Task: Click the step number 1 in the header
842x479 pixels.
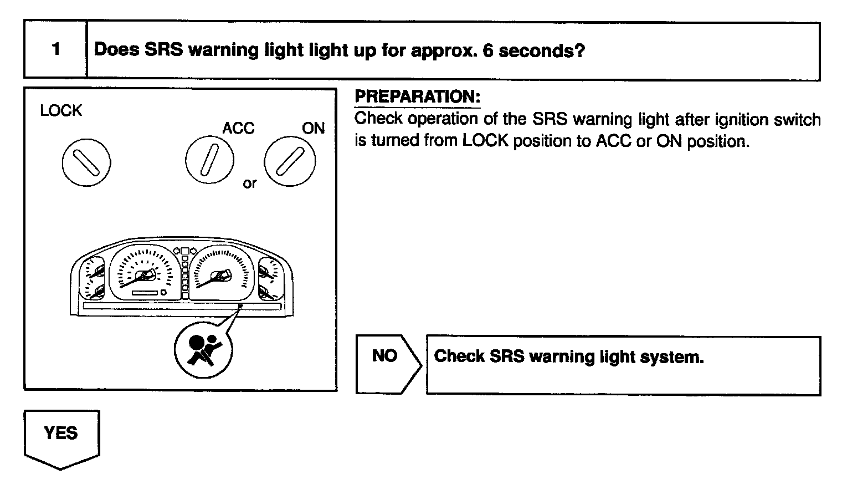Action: tap(55, 49)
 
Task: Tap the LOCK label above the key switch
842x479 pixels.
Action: tap(61, 111)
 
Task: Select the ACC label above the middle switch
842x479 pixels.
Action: tap(238, 129)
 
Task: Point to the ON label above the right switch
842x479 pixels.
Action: tap(313, 129)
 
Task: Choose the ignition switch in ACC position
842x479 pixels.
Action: tap(209, 160)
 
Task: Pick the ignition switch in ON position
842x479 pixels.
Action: tap(290, 161)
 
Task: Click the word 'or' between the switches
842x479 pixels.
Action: tap(249, 184)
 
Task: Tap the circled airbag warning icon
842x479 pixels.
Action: tap(203, 349)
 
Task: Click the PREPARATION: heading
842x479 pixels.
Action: tap(417, 96)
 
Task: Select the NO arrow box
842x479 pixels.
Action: tap(386, 364)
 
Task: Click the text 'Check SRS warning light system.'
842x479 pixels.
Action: tap(569, 356)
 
